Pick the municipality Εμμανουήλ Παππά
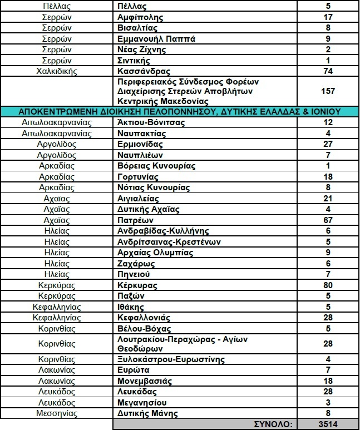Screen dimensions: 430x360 155,39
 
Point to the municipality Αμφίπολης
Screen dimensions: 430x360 139,18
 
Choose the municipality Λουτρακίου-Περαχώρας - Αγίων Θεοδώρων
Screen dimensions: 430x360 183,343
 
